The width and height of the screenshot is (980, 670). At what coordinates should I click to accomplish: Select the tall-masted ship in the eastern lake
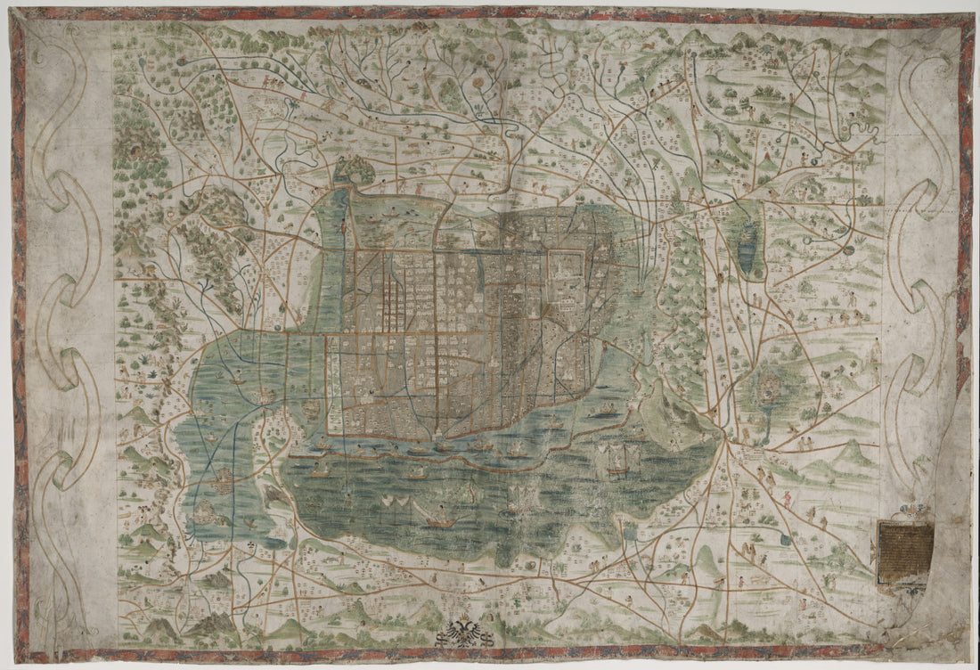[618, 456]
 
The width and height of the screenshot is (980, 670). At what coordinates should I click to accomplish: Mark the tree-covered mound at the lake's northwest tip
[355, 169]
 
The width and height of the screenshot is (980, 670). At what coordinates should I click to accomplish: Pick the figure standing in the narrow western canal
[343, 226]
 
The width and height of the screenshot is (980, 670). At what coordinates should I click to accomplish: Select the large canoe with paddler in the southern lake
[437, 518]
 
